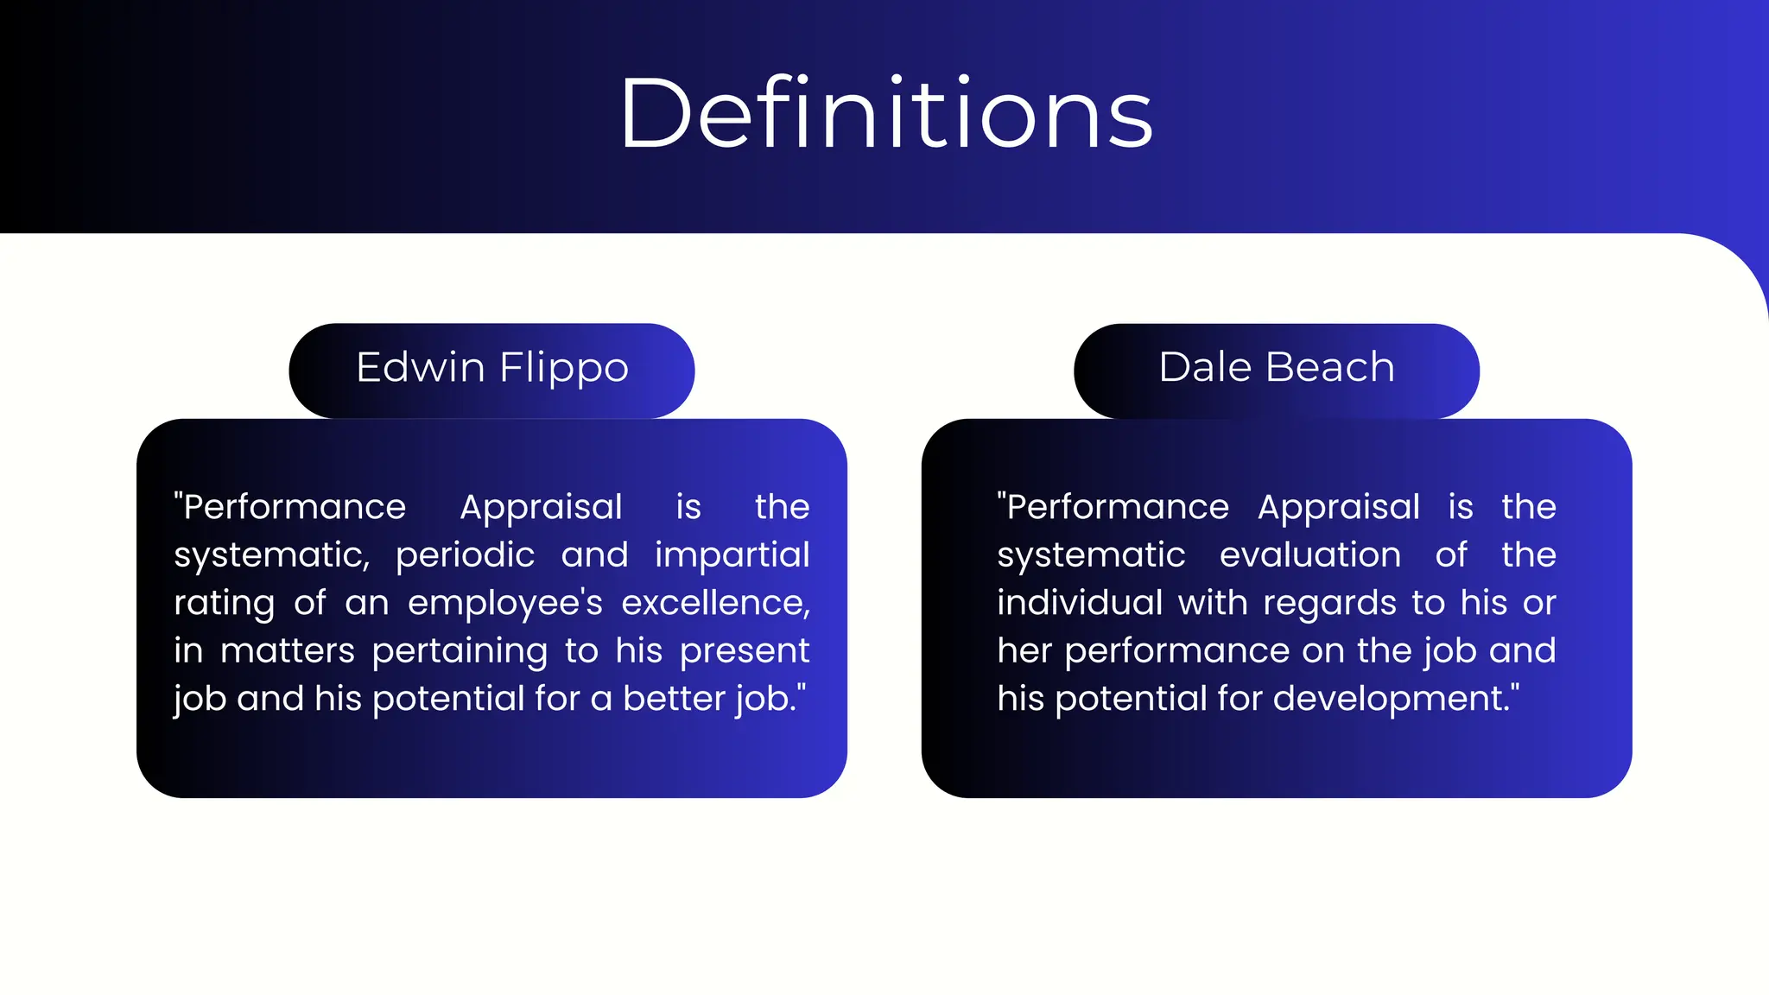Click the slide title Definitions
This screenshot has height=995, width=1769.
pos(885,114)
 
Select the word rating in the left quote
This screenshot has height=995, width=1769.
pos(224,604)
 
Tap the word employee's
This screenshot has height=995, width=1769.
pos(504,604)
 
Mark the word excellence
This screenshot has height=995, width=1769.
pos(715,604)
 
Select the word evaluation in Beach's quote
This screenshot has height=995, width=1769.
pos(1309,555)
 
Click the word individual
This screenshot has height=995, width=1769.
pos(1080,603)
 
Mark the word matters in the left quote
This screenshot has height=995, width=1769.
pos(287,651)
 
